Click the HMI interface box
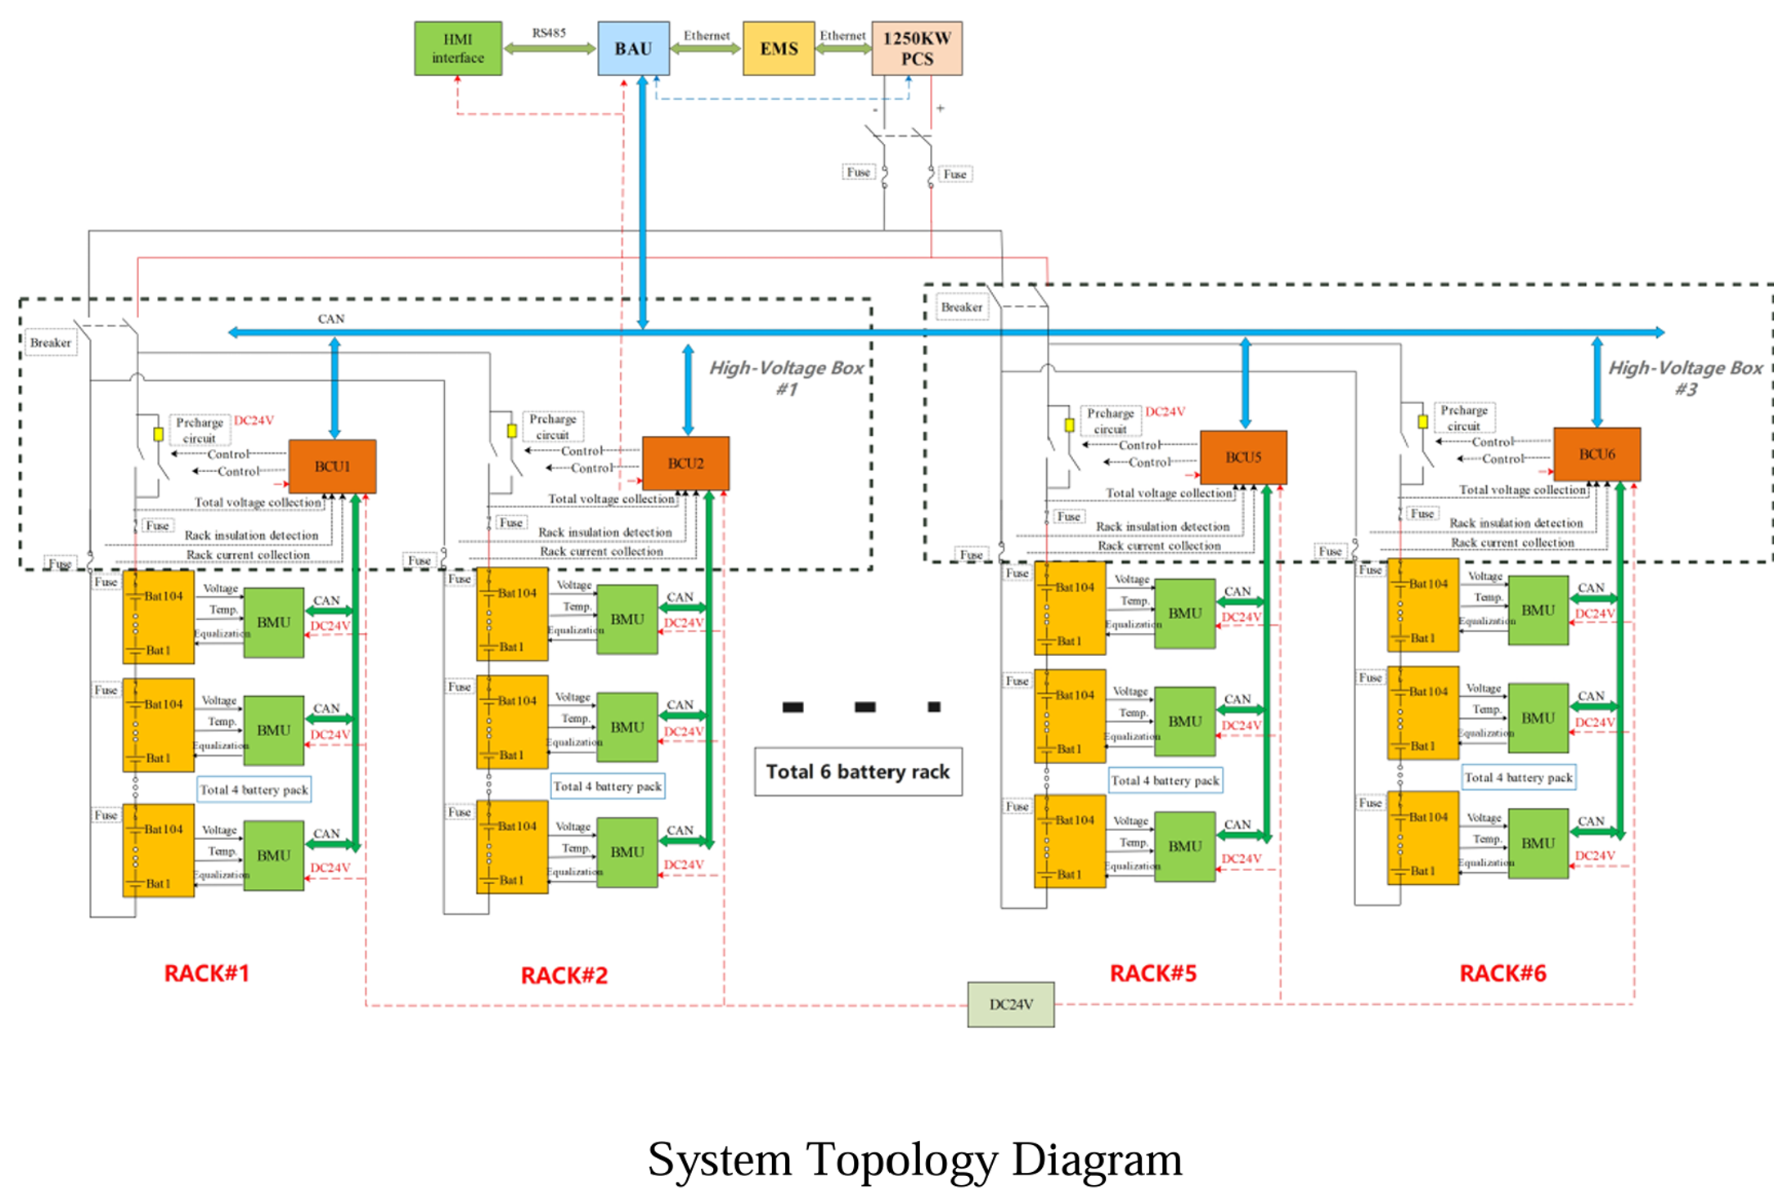click(458, 49)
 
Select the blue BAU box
click(633, 49)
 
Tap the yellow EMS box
click(779, 49)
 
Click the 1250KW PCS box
click(917, 49)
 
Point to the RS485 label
click(549, 34)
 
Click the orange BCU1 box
click(332, 466)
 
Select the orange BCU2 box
click(685, 463)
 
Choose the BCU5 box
click(1243, 457)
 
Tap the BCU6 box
click(1597, 454)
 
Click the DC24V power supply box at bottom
click(1011, 1004)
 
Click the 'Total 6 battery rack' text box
click(858, 771)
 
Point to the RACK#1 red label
click(206, 973)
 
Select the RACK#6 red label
click(1502, 973)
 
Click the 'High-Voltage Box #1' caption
click(786, 378)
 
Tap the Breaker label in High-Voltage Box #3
click(961, 308)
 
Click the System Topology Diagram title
click(914, 1159)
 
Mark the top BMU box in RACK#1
click(274, 622)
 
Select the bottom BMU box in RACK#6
click(1538, 843)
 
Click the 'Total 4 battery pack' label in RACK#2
click(608, 786)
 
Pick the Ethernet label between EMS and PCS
click(842, 36)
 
